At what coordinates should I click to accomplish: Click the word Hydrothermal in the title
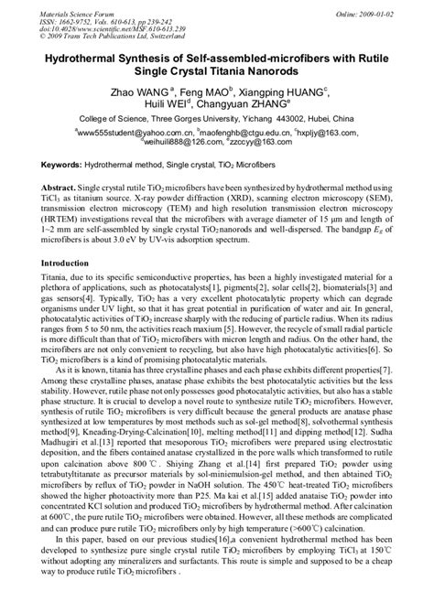[x=78, y=56]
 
